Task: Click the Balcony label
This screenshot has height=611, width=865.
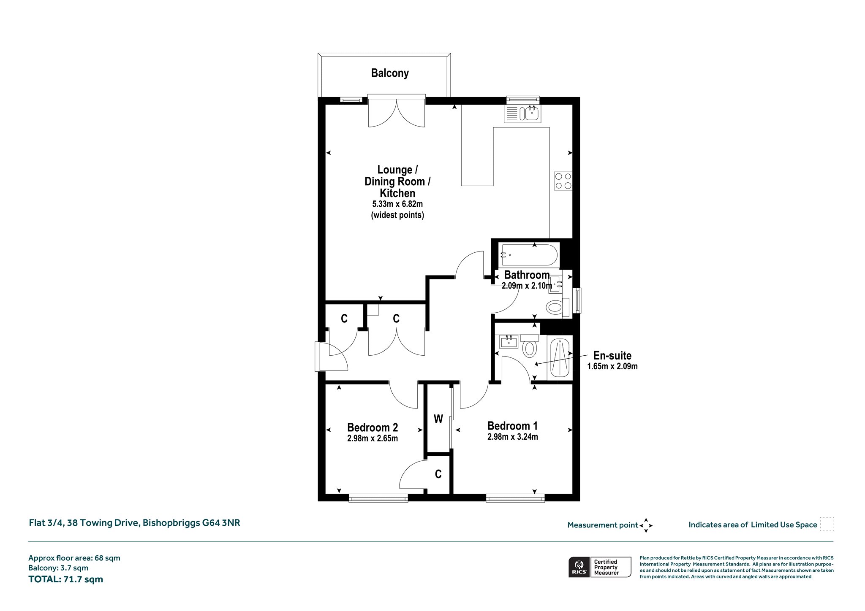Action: [x=390, y=73]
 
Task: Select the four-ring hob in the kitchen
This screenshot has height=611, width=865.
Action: [x=563, y=181]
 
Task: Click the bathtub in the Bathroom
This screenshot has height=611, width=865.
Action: [x=529, y=255]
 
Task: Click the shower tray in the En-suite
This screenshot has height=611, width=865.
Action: [x=560, y=358]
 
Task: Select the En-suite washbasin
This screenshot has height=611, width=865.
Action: [x=509, y=341]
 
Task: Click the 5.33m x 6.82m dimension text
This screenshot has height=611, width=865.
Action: [x=397, y=204]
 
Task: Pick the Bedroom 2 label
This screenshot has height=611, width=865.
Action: [x=373, y=427]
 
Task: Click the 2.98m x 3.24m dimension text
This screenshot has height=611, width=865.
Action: [x=513, y=437]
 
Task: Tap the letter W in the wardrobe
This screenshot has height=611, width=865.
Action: [x=438, y=419]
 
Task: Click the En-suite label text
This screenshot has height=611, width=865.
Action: [x=612, y=355]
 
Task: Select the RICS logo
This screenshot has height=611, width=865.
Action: [x=579, y=567]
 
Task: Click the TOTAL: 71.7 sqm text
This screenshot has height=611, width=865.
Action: [x=65, y=579]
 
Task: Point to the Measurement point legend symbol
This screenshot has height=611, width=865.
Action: [x=646, y=525]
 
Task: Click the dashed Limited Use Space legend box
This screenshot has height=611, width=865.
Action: [x=827, y=524]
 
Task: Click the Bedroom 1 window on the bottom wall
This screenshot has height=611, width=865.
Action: [x=515, y=498]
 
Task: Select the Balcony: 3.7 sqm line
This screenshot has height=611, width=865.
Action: [x=58, y=568]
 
